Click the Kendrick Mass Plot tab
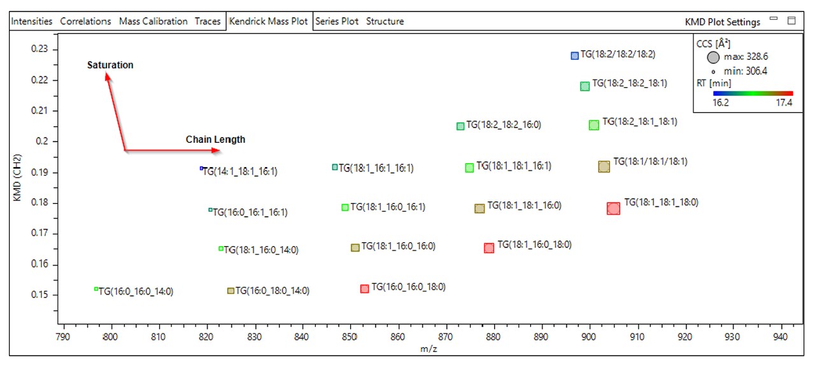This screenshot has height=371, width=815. coord(268,21)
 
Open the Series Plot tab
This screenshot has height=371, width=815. coord(337,21)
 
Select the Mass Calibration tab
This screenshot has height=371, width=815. coord(153,21)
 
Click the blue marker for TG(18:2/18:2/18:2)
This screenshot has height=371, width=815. coord(574,55)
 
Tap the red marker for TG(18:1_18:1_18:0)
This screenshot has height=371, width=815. coord(613,208)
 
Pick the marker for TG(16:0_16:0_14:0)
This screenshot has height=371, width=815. coord(96,289)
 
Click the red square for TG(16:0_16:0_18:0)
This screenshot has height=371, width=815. coord(364,289)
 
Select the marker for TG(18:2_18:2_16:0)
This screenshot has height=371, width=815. coord(460,126)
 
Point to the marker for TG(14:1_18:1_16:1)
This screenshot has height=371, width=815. coord(201,168)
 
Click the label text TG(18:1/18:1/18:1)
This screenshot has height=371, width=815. coord(650,162)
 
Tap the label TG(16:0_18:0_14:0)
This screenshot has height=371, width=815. coord(272,291)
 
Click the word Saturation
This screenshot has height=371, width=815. coord(110,65)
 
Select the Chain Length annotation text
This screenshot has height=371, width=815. coord(215,140)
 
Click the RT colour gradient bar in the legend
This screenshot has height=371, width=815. coord(753,93)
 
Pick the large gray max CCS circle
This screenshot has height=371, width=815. coord(713,57)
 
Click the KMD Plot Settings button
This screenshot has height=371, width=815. coord(722,22)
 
